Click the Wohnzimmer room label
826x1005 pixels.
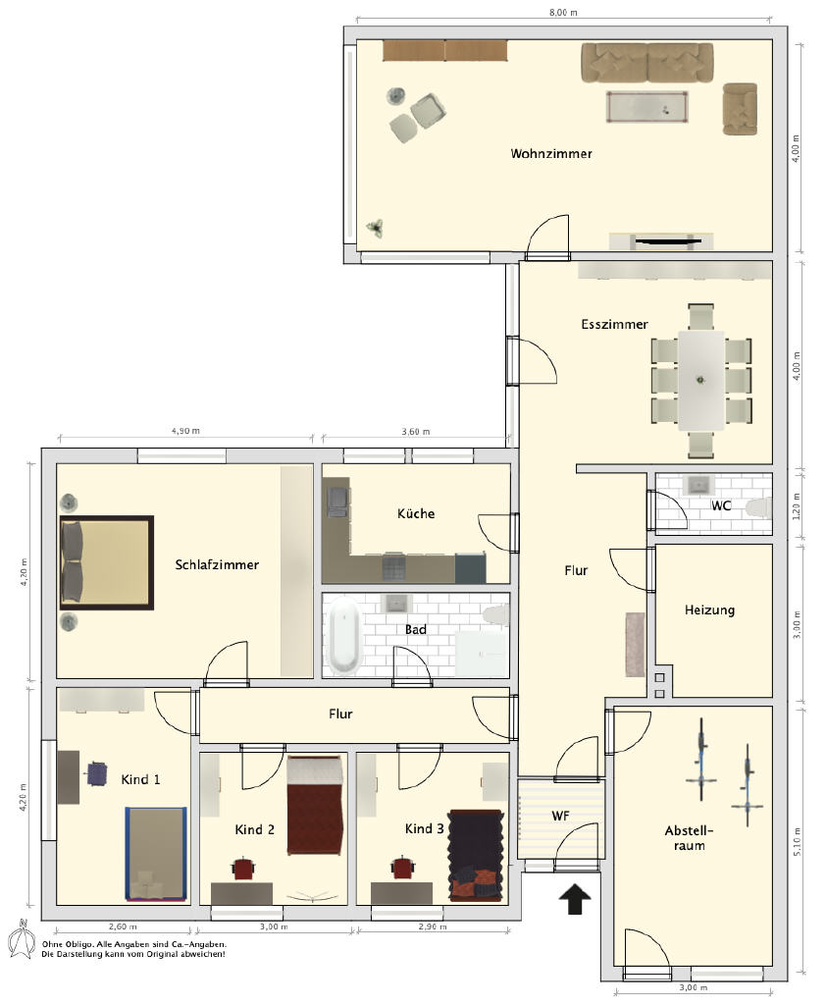click(x=551, y=154)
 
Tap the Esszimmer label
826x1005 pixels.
click(x=614, y=324)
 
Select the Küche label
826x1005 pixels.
click(x=416, y=513)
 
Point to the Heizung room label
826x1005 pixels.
click(x=709, y=610)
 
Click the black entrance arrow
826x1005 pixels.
click(x=575, y=899)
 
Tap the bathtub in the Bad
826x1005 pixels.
click(x=344, y=635)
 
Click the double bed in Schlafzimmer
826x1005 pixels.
click(x=106, y=562)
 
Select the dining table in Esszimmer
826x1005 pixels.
click(x=701, y=380)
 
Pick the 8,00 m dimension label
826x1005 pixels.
click(x=563, y=12)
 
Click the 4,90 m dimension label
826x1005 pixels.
click(x=185, y=431)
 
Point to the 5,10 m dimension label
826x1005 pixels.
click(x=797, y=841)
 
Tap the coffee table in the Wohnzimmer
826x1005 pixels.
click(x=647, y=106)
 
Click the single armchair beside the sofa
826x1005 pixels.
click(x=740, y=109)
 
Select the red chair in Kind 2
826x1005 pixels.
click(x=243, y=869)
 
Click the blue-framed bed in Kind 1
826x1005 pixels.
click(x=156, y=854)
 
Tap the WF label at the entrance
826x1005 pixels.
click(x=560, y=816)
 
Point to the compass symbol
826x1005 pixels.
click(x=22, y=939)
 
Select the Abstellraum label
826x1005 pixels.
click(x=689, y=838)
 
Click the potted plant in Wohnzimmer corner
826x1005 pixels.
click(x=375, y=228)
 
